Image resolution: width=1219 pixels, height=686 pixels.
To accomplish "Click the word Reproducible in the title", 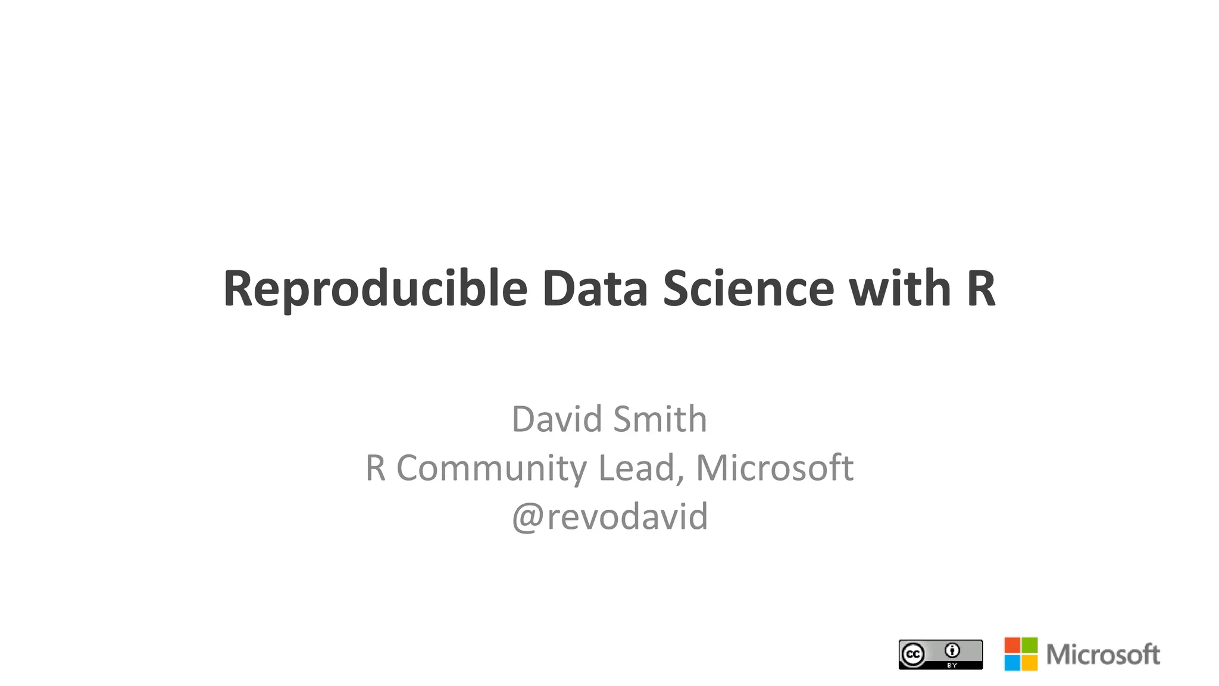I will tap(375, 289).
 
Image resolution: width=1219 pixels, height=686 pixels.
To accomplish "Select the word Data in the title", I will tap(595, 289).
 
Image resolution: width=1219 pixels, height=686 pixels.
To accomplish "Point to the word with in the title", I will tap(899, 289).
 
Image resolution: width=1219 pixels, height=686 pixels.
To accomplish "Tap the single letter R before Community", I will tap(376, 467).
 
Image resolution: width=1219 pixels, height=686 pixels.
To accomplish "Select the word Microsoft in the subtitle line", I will tap(774, 467).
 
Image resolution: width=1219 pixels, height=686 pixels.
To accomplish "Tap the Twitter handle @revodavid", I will tap(610, 516).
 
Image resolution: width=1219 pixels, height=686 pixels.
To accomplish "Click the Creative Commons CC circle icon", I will tap(913, 654).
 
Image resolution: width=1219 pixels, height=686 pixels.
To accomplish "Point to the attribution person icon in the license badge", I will tap(952, 650).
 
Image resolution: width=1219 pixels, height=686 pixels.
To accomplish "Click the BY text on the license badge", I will tap(952, 665).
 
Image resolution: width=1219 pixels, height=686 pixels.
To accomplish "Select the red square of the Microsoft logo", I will tap(1012, 645).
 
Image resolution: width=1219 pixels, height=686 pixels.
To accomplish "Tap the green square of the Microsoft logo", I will tap(1030, 645).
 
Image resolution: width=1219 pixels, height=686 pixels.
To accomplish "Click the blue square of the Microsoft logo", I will tap(1012, 663).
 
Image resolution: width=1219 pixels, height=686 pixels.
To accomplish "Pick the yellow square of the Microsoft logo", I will tap(1030, 663).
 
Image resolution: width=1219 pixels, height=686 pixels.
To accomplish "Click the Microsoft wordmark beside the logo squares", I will tap(1103, 654).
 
